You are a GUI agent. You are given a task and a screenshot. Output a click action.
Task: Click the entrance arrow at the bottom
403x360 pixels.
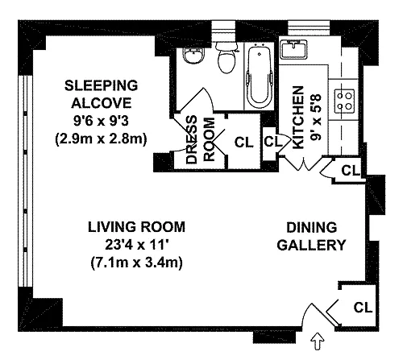coord(318,341)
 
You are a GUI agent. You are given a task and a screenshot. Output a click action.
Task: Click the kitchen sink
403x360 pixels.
coord(293,49)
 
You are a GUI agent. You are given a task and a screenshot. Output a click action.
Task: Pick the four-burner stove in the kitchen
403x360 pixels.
coord(344,101)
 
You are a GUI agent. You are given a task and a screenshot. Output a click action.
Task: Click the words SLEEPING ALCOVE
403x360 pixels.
coord(102,94)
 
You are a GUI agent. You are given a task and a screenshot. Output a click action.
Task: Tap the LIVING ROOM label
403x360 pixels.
coord(136,227)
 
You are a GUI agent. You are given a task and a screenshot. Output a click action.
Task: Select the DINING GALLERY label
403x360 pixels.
coord(312,236)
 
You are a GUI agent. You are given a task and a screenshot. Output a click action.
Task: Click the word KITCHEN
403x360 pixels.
coord(298,118)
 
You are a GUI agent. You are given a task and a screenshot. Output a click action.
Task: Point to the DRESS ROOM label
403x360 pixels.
coord(201,139)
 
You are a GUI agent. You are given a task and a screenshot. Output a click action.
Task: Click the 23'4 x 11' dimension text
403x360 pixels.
coord(137,245)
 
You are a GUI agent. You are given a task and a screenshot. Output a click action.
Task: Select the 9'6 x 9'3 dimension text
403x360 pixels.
coord(102,121)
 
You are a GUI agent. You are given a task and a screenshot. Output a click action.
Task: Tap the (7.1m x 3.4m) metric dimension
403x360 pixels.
coord(137,263)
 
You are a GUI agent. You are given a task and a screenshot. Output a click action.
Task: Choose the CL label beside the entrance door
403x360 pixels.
coord(364,308)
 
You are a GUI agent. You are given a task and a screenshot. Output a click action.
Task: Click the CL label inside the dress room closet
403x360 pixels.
coord(243,143)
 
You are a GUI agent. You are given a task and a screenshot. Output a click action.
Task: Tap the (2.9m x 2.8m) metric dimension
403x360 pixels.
coord(102,139)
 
